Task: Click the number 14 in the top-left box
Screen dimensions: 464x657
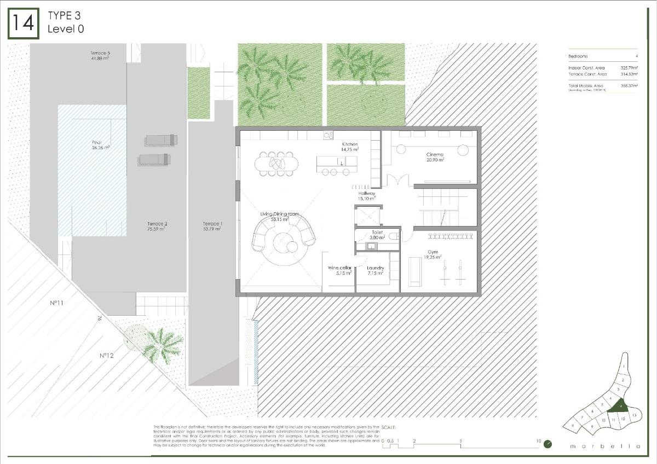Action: coord(23,24)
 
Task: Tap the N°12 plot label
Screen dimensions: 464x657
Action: coord(106,356)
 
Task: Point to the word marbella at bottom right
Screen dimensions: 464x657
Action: coord(605,446)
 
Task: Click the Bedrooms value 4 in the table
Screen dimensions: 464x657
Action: coord(636,56)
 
